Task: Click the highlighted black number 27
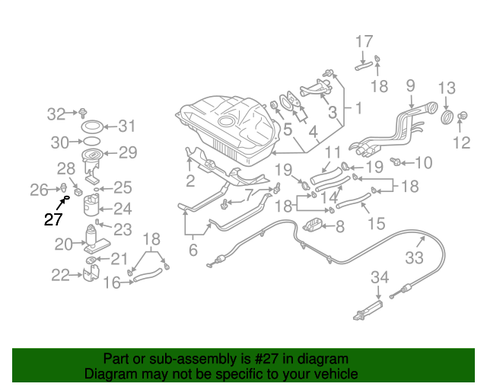click(x=53, y=220)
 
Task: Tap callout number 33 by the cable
click(x=414, y=257)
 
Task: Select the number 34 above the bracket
click(x=380, y=277)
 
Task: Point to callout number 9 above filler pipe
click(x=410, y=85)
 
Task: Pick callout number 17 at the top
click(x=364, y=41)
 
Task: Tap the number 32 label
click(x=56, y=114)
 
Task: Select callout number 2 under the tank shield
click(x=190, y=181)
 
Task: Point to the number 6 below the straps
click(x=193, y=249)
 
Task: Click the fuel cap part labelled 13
click(x=447, y=116)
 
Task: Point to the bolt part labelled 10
click(x=396, y=161)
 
